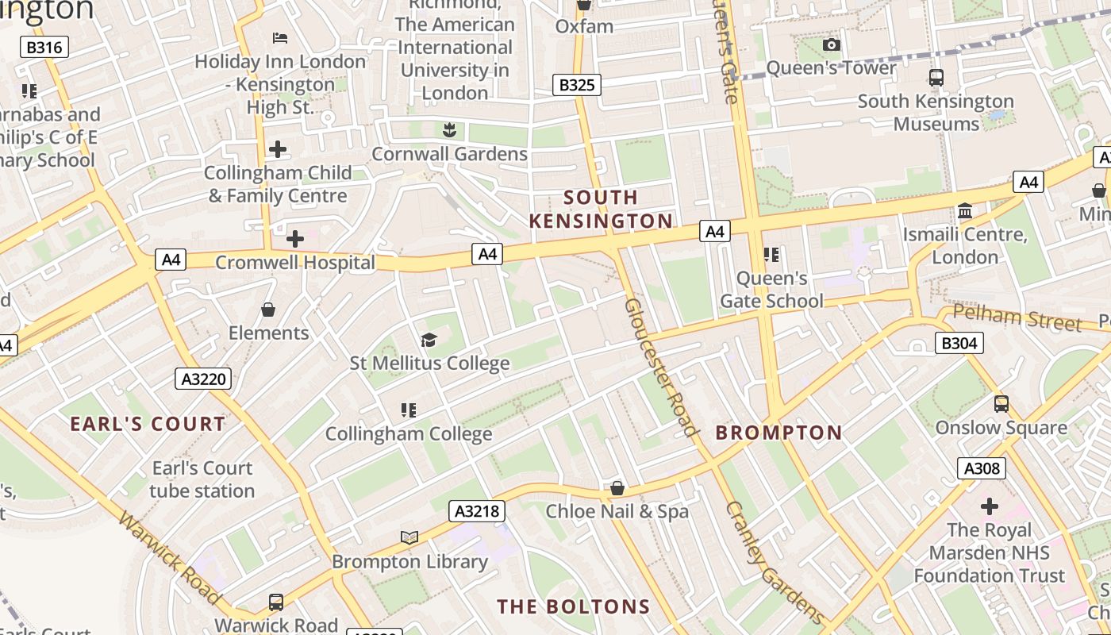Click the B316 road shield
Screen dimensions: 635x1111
[x=44, y=48]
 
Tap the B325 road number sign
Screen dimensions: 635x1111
[x=577, y=85]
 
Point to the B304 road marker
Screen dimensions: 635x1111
[x=959, y=343]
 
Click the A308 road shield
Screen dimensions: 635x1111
[x=982, y=468]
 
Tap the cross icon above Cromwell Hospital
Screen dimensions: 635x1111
[x=295, y=238]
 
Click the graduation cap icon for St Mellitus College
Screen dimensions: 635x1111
[x=429, y=341]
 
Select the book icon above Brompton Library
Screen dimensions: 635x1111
[x=409, y=538]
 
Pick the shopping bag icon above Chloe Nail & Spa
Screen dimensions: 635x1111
[x=617, y=488]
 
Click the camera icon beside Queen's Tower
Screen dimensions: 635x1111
[x=831, y=45]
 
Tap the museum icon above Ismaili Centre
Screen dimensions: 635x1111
[x=965, y=211]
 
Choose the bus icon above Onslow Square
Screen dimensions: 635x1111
[x=1001, y=404]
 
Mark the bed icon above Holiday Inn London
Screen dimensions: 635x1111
[x=279, y=38]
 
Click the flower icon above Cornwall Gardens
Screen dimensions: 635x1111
[x=449, y=129]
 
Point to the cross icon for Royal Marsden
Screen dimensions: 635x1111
[x=989, y=506]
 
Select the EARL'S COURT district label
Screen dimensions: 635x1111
[x=148, y=424]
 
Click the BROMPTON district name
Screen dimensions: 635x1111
[x=778, y=433]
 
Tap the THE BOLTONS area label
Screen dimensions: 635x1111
[x=573, y=607]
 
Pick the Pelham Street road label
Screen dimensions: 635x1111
[x=1017, y=318]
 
